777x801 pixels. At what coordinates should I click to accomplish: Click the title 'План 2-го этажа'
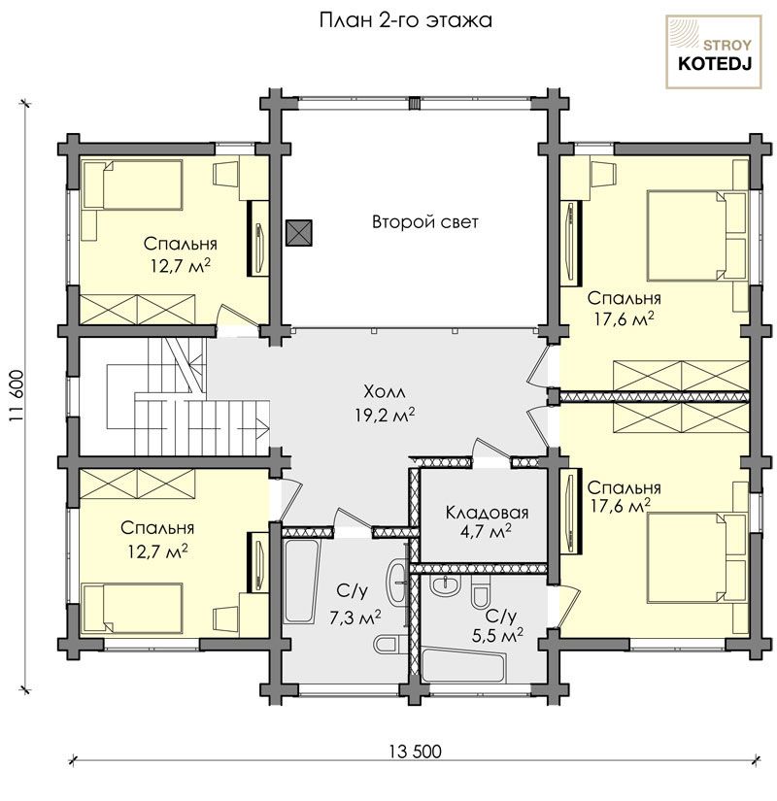(x=405, y=21)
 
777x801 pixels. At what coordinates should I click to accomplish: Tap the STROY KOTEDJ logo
(x=714, y=51)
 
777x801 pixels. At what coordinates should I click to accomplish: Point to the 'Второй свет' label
(x=424, y=222)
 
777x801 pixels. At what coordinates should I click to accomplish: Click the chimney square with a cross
(x=298, y=233)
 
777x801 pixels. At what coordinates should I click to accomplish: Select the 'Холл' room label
(x=385, y=392)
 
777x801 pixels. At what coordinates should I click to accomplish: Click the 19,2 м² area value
(x=385, y=415)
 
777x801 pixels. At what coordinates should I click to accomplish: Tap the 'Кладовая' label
(x=487, y=512)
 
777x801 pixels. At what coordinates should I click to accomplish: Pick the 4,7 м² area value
(x=487, y=532)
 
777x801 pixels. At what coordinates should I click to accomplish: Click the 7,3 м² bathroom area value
(x=355, y=617)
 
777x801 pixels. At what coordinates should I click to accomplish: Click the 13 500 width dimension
(x=415, y=751)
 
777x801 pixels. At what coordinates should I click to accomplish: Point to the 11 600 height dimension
(x=17, y=395)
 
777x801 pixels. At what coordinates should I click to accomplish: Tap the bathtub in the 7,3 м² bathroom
(x=301, y=581)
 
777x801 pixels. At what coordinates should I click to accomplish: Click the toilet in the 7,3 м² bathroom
(x=389, y=644)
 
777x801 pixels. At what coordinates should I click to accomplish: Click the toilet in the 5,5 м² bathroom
(x=481, y=591)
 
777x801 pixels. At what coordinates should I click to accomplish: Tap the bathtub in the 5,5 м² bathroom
(x=463, y=663)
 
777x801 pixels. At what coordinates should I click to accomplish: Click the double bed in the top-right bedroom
(x=696, y=236)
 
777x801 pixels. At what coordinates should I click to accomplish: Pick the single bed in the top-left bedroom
(x=132, y=184)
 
